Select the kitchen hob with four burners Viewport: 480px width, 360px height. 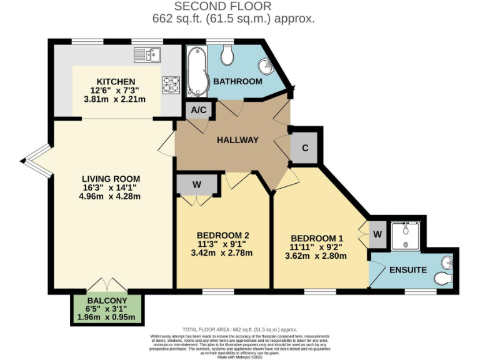[x=171, y=84]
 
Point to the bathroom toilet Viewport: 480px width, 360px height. [x=228, y=55]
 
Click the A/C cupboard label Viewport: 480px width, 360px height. [x=199, y=110]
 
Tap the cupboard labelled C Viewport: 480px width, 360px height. [x=306, y=149]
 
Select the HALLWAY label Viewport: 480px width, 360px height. [x=237, y=140]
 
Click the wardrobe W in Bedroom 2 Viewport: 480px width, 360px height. [x=197, y=184]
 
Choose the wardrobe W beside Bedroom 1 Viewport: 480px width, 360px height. [x=377, y=234]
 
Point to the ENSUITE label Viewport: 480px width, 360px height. [x=407, y=270]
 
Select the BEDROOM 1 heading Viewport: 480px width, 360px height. [x=317, y=238]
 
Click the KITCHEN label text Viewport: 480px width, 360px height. [x=116, y=82]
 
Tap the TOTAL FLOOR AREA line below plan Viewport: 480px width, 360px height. [x=239, y=329]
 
